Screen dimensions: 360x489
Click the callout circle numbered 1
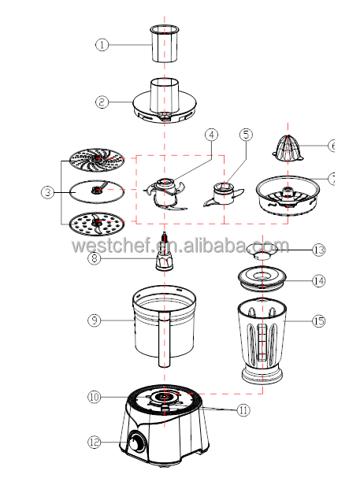(102, 45)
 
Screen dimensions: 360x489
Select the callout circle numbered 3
(47, 192)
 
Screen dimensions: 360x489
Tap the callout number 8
(95, 258)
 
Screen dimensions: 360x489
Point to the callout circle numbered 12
(95, 442)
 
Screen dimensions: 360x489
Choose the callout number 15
(319, 321)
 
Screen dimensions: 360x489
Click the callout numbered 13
(319, 250)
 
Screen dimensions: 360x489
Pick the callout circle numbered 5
(246, 135)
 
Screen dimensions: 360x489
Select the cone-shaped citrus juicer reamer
(288, 149)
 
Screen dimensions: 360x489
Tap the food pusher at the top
(165, 43)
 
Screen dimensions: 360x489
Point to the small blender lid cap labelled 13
(262, 251)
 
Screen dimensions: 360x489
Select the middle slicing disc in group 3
(96, 191)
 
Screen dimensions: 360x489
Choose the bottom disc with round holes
(97, 224)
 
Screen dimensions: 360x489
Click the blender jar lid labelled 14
(262, 278)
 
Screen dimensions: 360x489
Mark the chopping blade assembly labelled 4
(165, 194)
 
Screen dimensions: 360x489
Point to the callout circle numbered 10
(95, 397)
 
